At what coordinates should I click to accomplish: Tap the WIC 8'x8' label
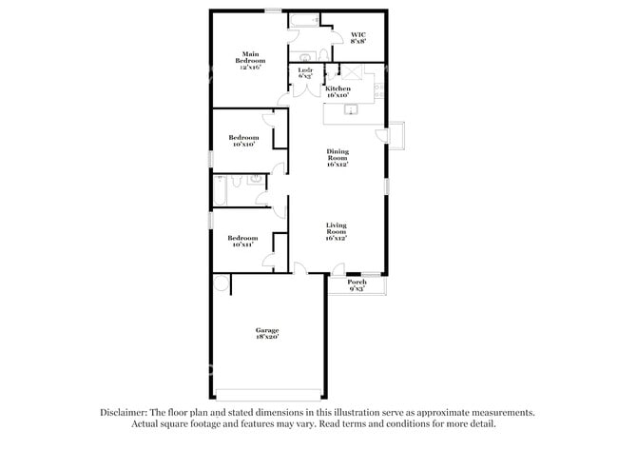point(358,39)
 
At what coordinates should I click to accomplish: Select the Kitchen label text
point(351,91)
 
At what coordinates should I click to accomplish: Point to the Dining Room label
point(338,157)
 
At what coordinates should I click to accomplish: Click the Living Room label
point(337,231)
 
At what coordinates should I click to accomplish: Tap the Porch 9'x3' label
point(357,285)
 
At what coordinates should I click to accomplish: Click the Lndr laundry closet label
point(305,74)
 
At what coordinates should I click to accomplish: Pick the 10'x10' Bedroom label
point(242,141)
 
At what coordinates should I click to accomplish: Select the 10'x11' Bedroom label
point(242,241)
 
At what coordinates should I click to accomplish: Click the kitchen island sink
point(350,111)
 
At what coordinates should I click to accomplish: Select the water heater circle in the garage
point(221,283)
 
